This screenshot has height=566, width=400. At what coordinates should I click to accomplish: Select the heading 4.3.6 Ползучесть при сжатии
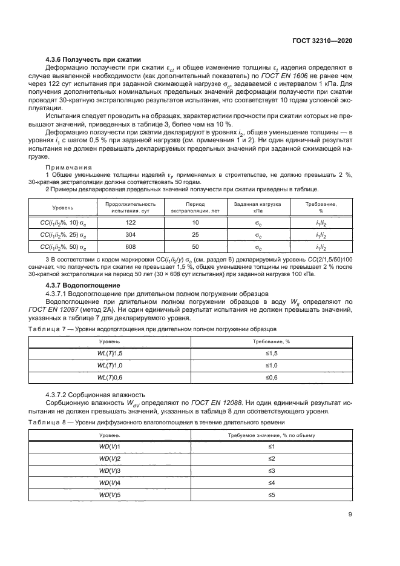point(93,59)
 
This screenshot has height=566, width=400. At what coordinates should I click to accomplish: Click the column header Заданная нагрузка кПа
point(258,207)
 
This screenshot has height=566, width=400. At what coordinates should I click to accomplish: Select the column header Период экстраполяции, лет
point(194,207)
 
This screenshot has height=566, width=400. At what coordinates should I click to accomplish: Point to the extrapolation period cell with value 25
point(194,234)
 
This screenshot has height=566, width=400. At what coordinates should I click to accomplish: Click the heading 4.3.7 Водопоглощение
point(84,285)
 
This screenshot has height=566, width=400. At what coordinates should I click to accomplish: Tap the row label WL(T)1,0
point(110,365)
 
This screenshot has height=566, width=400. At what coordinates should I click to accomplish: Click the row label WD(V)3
point(110,470)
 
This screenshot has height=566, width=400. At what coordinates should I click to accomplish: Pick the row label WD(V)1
point(110,446)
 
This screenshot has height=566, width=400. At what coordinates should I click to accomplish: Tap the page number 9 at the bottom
point(350,515)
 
